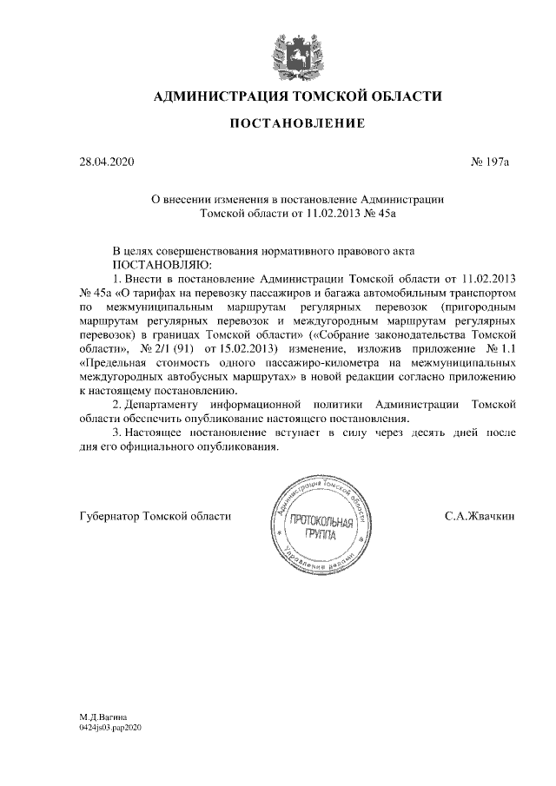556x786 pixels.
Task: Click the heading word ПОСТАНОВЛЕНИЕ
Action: pos(296,127)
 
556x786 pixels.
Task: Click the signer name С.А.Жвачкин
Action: pos(480,516)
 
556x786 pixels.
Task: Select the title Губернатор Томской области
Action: pos(154,516)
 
